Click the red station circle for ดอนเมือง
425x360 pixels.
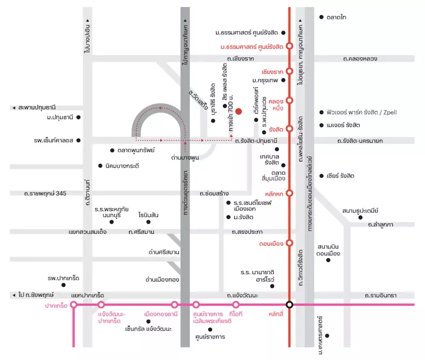click(x=289, y=243)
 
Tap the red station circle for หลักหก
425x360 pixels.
click(x=289, y=193)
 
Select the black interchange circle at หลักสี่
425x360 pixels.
click(x=289, y=305)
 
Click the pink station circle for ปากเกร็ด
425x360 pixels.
click(x=73, y=305)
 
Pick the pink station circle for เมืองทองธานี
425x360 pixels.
click(x=175, y=305)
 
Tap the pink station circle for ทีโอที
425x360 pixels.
click(x=236, y=305)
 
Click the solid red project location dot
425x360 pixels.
click(x=238, y=111)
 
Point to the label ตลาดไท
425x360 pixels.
click(x=337, y=17)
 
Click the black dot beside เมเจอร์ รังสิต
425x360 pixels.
click(x=322, y=125)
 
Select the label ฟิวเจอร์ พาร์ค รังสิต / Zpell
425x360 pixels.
click(x=362, y=112)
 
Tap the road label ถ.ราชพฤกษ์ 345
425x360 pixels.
click(x=45, y=194)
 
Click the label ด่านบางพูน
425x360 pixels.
click(x=185, y=158)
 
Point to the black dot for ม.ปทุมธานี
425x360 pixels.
click(x=78, y=117)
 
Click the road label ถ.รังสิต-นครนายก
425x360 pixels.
click(x=360, y=141)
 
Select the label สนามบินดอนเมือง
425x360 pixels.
click(x=328, y=250)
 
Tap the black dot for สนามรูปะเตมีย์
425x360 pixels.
click(x=360, y=217)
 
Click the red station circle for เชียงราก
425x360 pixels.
click(x=289, y=71)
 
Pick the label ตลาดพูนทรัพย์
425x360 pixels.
click(x=136, y=150)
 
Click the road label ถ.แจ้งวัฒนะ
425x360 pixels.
click(x=242, y=295)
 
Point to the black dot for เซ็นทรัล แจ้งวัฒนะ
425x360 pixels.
click(x=148, y=321)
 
